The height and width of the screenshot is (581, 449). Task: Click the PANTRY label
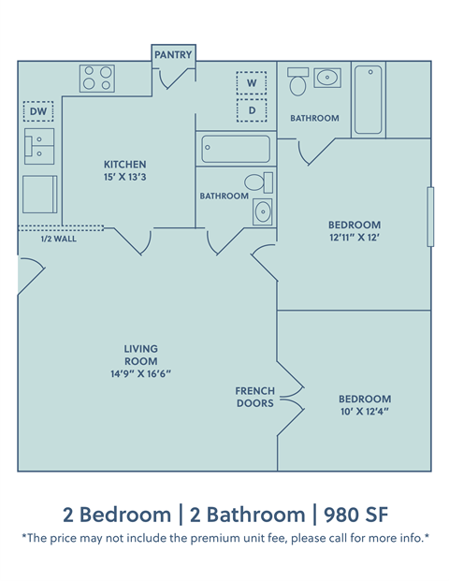[173, 55]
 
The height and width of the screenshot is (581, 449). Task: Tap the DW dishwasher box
[38, 112]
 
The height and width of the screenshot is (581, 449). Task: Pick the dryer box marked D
[251, 110]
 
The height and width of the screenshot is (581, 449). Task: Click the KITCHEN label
[124, 165]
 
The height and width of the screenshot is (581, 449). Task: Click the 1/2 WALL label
[58, 239]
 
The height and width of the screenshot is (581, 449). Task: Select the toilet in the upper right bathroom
[298, 83]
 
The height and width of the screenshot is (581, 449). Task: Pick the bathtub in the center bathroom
[236, 149]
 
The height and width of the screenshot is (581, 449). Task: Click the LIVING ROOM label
[140, 355]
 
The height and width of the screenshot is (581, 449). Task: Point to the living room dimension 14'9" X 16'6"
[140, 373]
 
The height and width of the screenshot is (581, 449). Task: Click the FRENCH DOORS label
[255, 397]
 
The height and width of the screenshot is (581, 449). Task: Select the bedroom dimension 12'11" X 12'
[354, 239]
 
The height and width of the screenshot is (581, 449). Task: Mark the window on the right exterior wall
[431, 217]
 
